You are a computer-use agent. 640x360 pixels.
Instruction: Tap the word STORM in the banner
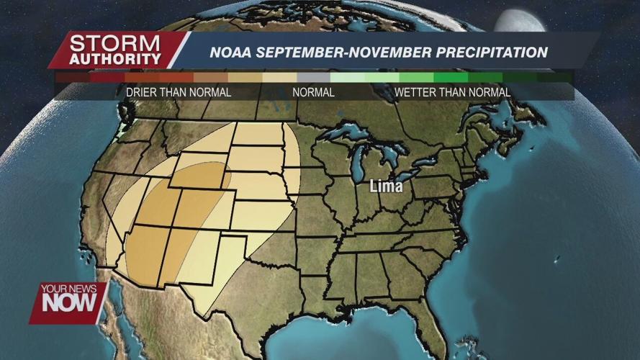click(x=115, y=42)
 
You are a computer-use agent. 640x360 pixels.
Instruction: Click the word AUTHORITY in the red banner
click(x=115, y=59)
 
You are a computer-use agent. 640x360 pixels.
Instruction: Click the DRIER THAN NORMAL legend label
click(x=179, y=92)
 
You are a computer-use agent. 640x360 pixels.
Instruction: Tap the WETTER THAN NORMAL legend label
click(x=452, y=92)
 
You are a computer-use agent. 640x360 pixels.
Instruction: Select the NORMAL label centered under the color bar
click(x=313, y=92)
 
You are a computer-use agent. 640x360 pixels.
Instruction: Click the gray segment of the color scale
click(x=313, y=77)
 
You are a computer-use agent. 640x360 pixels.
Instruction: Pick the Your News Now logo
click(x=68, y=302)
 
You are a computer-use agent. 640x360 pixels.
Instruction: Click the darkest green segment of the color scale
click(x=554, y=77)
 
